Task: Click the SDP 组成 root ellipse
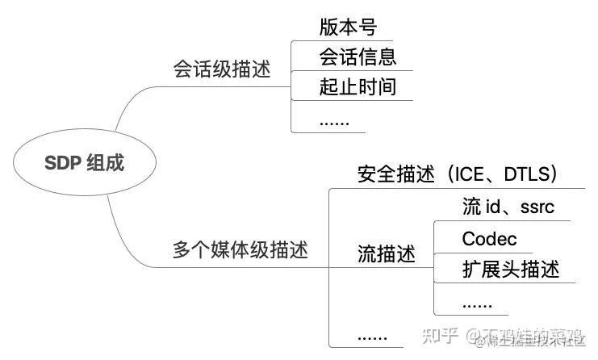(73, 164)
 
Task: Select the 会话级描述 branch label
(221, 69)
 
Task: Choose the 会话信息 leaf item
(358, 57)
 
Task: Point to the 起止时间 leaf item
(358, 86)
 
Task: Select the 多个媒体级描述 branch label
(240, 249)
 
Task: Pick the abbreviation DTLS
(526, 174)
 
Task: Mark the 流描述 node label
(386, 254)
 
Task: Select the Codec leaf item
(489, 239)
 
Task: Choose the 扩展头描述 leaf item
(510, 269)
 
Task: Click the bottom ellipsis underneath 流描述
(372, 335)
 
